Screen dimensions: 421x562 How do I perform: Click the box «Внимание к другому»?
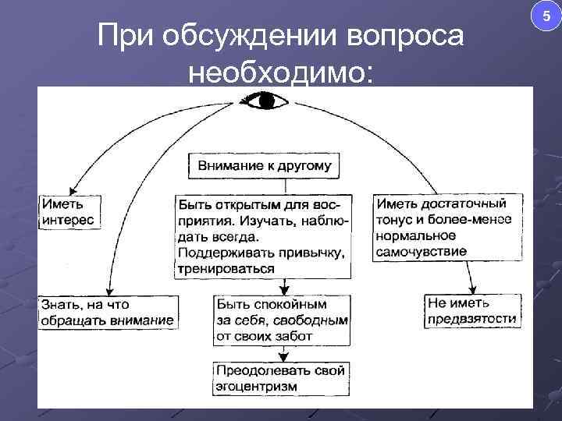tap(265, 165)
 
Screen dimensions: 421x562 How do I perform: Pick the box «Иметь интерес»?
tap(68, 212)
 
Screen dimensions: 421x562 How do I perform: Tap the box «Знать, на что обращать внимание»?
tap(107, 312)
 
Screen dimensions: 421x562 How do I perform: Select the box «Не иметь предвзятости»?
tap(471, 310)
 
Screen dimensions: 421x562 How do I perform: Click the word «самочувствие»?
tap(421, 251)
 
